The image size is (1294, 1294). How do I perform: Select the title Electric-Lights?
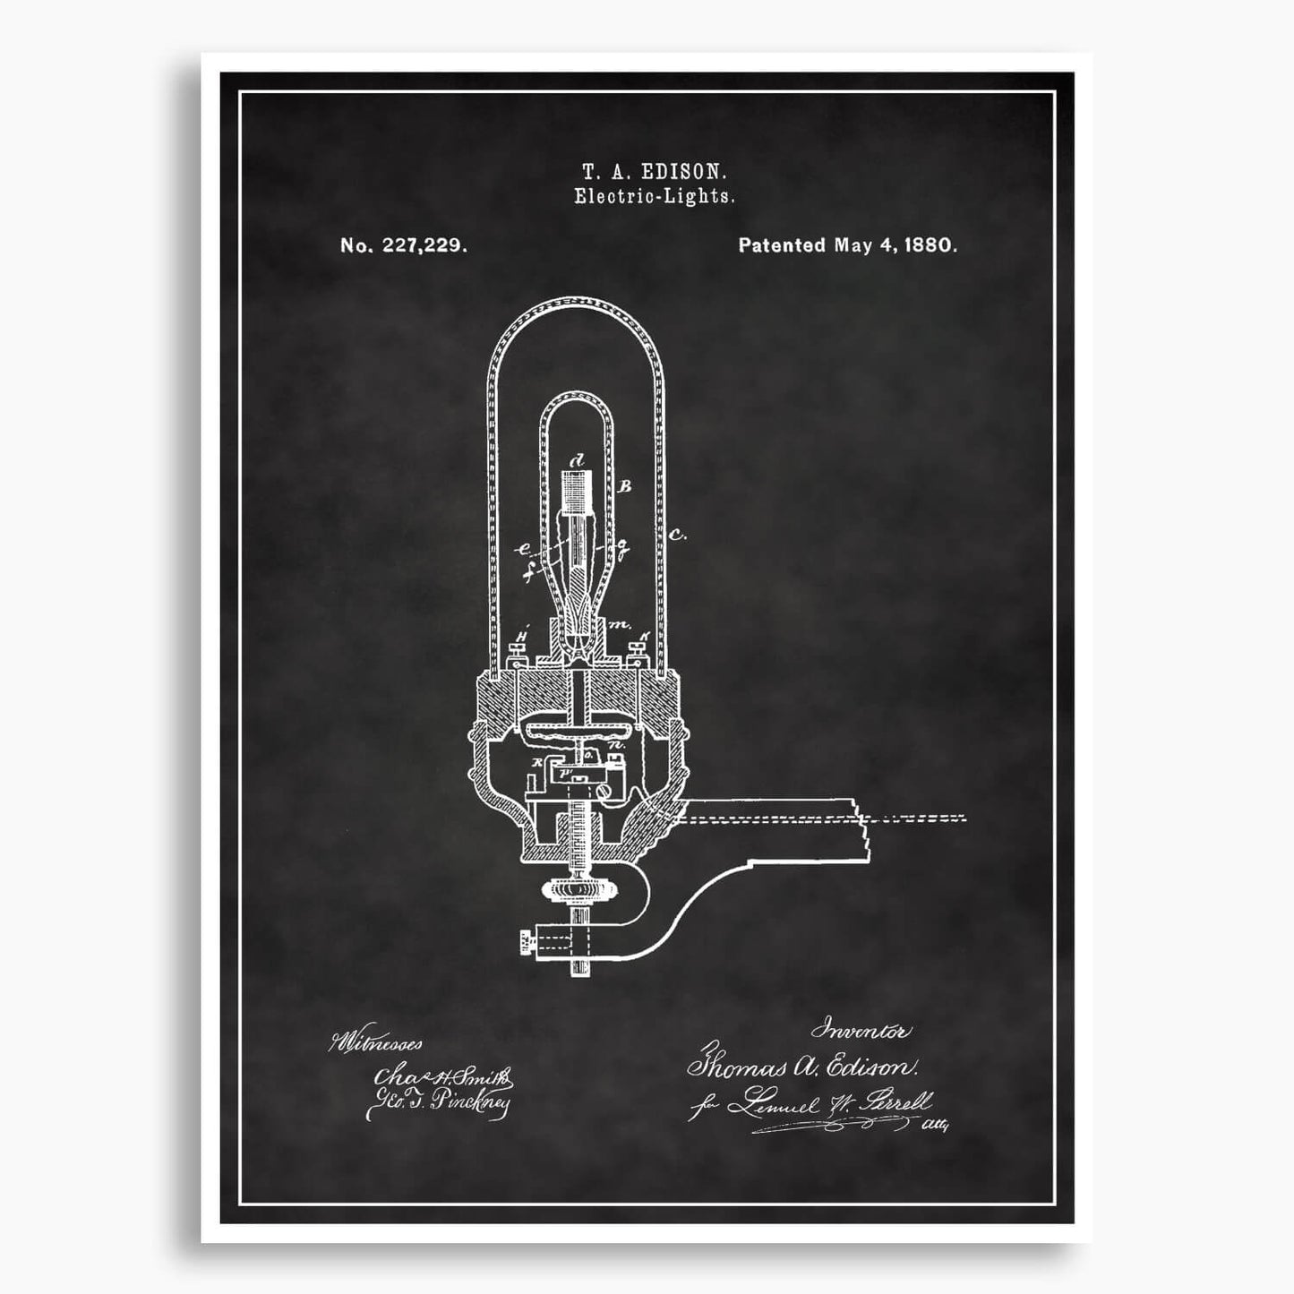(x=654, y=197)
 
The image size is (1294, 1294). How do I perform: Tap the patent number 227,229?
(x=423, y=245)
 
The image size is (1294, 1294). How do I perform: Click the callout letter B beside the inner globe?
(x=626, y=486)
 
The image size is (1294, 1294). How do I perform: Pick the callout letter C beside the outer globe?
(x=677, y=536)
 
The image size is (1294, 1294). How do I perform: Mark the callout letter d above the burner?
(x=578, y=460)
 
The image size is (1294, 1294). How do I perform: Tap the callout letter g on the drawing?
(x=620, y=544)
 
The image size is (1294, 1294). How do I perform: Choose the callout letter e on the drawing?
(x=524, y=551)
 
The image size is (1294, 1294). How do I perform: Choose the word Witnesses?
(x=376, y=1043)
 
